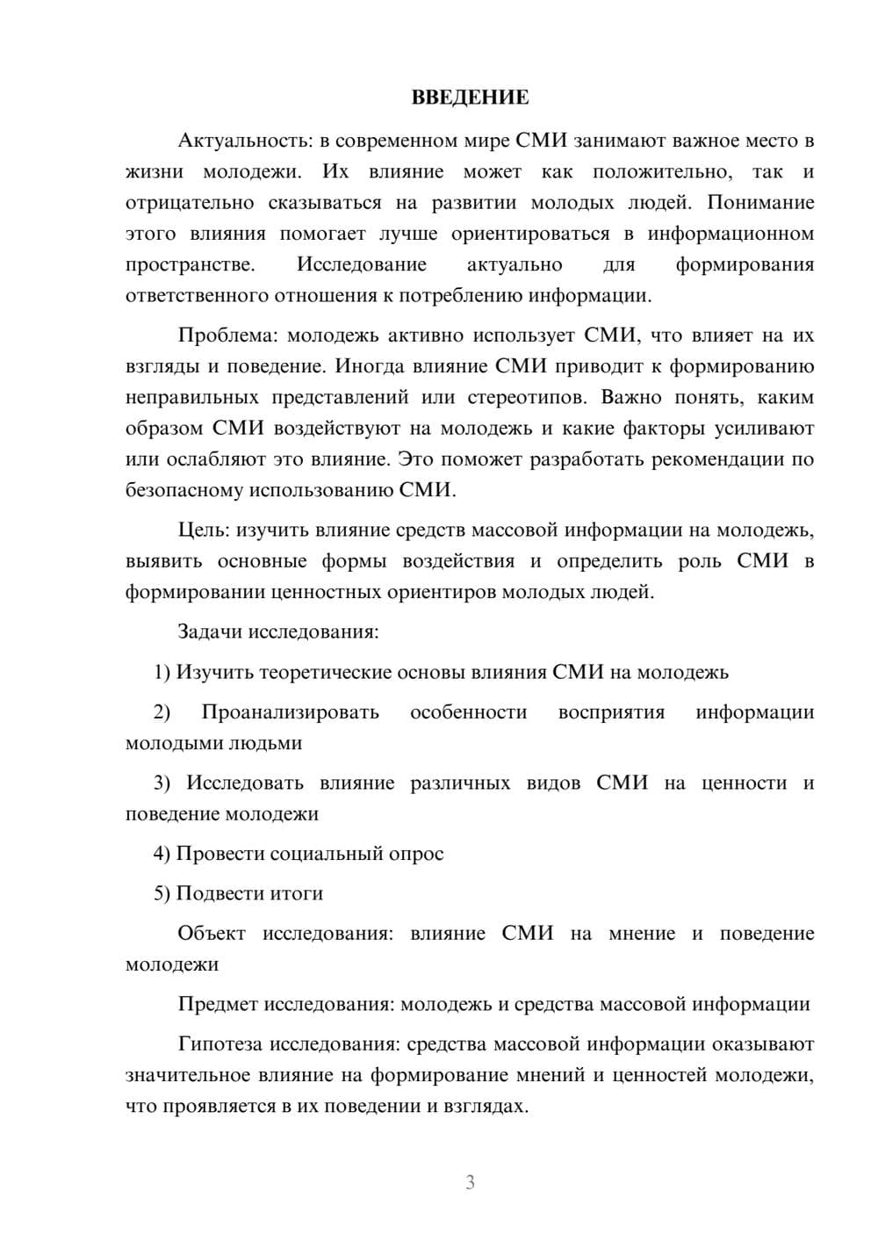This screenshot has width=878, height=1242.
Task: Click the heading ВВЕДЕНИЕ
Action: point(470,97)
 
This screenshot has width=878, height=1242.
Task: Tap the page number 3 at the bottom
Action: point(470,1182)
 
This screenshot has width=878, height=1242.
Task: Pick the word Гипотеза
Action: point(220,1044)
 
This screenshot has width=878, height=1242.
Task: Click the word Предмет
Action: point(218,1004)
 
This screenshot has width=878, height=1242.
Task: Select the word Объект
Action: point(212,934)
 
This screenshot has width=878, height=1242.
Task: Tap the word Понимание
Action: point(760,203)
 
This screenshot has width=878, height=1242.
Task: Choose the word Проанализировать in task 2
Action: point(290,712)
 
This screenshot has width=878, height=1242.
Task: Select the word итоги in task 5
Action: point(296,893)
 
